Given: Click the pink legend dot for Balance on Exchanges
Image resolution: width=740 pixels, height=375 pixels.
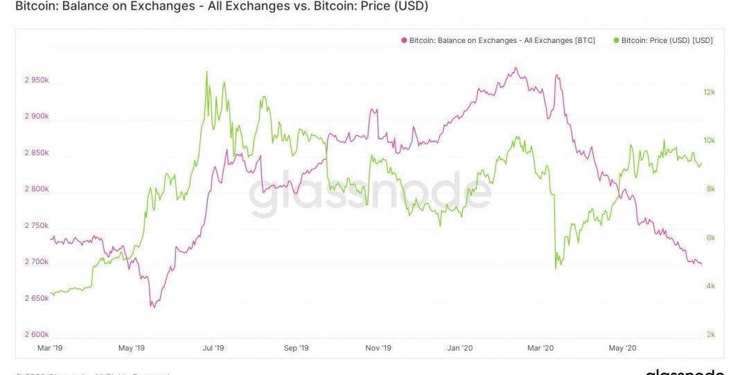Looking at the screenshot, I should tap(403, 41).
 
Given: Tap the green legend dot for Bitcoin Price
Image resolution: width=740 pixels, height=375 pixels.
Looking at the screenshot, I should tap(617, 41).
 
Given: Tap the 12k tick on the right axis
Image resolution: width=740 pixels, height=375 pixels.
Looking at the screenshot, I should tap(709, 92).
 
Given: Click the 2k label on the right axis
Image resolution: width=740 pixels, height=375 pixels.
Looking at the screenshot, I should tap(710, 335).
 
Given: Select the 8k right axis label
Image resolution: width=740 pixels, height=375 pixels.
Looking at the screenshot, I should tap(710, 189).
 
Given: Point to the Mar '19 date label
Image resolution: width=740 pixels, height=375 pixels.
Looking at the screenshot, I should tap(51, 348).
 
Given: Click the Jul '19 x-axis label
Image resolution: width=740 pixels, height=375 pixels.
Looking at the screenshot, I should tap(214, 348).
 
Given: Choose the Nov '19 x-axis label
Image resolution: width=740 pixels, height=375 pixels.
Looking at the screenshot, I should tap(378, 348).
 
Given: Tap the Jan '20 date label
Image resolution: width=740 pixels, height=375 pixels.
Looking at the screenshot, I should tap(460, 348).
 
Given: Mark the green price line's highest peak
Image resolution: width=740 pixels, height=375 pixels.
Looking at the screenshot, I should tap(206, 71).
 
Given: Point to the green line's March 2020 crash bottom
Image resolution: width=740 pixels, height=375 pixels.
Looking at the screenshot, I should tap(557, 268).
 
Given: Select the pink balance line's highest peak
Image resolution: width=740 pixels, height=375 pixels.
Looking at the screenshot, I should tap(515, 68).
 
